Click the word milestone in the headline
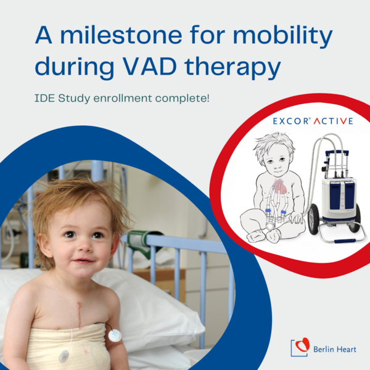pos(121,35)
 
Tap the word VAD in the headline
pos(150,65)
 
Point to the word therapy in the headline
pos(232,68)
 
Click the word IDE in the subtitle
pos(45,98)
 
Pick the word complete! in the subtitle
pos(182,99)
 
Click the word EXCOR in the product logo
pos(290,121)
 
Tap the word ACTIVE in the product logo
pos(333,121)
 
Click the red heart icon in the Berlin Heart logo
pos(302,344)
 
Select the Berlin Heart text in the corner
pos(335,349)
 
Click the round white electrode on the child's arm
pos(115,335)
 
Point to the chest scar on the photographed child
pos(79,314)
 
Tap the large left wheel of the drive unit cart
pos(313,219)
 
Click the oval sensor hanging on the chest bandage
pos(64,356)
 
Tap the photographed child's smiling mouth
pos(83,261)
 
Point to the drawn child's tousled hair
pos(274,145)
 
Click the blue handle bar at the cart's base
pos(345,241)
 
